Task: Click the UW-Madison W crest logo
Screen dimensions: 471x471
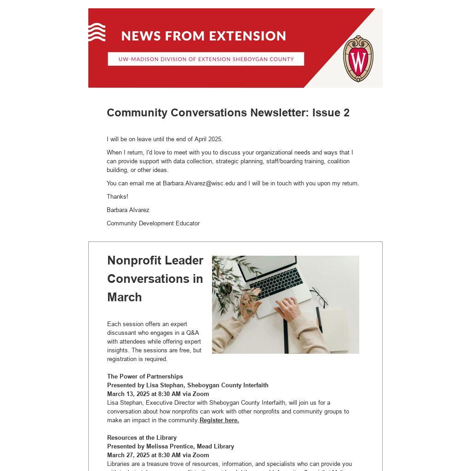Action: pos(358,59)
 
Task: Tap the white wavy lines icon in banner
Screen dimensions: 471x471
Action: pos(97,32)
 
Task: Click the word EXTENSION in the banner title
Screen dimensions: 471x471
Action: pos(248,36)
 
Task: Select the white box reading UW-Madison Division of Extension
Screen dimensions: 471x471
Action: pos(206,59)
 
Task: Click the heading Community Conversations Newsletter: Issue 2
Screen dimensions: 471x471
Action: pos(228,113)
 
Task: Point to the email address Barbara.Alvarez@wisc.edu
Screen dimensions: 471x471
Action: pos(199,183)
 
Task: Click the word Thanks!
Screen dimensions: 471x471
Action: pos(117,196)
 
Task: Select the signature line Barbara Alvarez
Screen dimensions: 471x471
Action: pos(128,210)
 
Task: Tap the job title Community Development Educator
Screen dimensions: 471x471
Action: pos(153,223)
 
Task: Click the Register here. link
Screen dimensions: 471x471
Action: pos(219,420)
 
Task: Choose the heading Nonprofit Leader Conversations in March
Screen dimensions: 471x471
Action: pos(155,279)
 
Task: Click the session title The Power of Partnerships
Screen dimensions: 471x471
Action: pos(145,376)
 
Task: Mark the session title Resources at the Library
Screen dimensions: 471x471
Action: pos(142,437)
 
